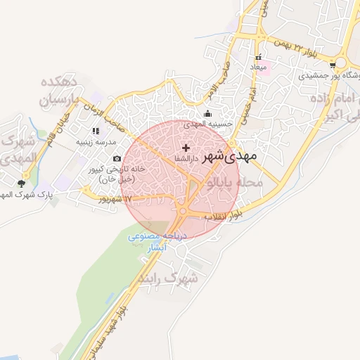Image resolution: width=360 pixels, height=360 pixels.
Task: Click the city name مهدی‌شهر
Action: (229, 157)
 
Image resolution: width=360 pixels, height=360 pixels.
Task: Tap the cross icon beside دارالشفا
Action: (186, 148)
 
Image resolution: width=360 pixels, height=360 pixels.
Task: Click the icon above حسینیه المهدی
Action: (207, 115)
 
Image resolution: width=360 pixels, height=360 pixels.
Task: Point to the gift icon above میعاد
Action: (259, 57)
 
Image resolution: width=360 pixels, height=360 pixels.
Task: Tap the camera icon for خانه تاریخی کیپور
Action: (117, 159)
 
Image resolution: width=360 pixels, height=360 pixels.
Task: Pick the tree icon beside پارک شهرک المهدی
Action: (21, 184)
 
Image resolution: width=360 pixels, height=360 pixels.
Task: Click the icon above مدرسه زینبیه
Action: (96, 131)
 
